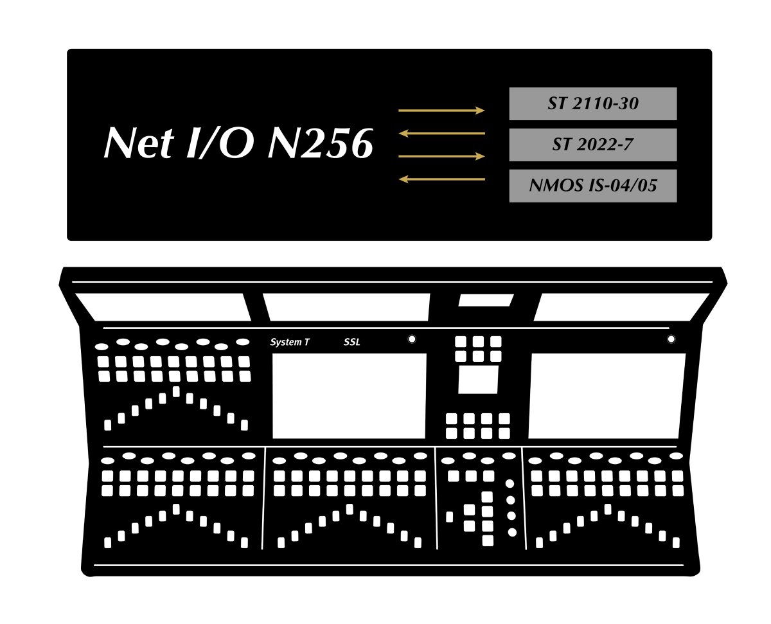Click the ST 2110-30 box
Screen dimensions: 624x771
point(592,103)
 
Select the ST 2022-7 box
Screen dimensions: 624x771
point(592,145)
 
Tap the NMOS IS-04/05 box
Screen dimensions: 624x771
point(592,186)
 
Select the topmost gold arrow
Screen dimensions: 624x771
point(441,111)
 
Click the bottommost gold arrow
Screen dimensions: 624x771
point(441,179)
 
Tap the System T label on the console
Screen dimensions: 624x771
point(289,343)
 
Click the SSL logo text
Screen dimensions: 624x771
point(352,343)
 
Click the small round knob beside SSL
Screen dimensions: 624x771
point(412,339)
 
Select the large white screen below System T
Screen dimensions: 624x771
point(349,396)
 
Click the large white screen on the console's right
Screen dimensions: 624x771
point(607,396)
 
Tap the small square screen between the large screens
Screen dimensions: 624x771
point(478,380)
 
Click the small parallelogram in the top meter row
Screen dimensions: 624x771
point(486,300)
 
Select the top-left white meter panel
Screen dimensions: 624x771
point(163,307)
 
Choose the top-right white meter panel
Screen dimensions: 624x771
point(621,307)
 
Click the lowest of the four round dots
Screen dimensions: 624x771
point(512,532)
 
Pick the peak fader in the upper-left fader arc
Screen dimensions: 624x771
point(176,392)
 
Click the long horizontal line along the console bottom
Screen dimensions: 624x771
point(389,566)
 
